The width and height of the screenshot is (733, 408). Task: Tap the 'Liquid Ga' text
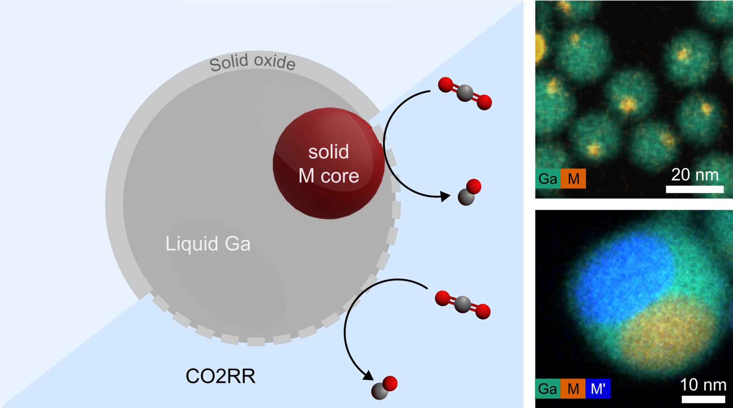(x=208, y=244)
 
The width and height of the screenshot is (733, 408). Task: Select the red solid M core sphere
(x=329, y=163)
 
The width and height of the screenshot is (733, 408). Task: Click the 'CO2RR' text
(x=220, y=376)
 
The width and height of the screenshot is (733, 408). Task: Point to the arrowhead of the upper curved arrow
(x=446, y=196)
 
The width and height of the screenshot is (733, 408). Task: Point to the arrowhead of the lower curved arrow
(x=368, y=376)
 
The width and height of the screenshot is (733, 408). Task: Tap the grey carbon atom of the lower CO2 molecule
(x=462, y=304)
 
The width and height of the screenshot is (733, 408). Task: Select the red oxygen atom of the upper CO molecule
(x=474, y=186)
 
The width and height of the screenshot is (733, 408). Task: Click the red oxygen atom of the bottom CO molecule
(x=390, y=383)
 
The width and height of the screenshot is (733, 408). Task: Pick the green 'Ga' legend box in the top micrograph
(x=548, y=179)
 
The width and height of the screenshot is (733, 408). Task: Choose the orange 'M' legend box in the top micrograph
(x=573, y=179)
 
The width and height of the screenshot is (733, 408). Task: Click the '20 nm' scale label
(x=695, y=175)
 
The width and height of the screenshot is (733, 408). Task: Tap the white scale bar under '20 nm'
(x=695, y=189)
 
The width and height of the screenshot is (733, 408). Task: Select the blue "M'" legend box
(x=598, y=389)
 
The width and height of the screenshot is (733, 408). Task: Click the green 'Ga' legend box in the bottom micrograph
(x=548, y=389)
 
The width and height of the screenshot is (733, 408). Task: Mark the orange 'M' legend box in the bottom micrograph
(x=573, y=389)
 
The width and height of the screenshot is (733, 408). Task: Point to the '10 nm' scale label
(x=703, y=385)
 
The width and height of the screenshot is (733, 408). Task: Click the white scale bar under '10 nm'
(x=703, y=399)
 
